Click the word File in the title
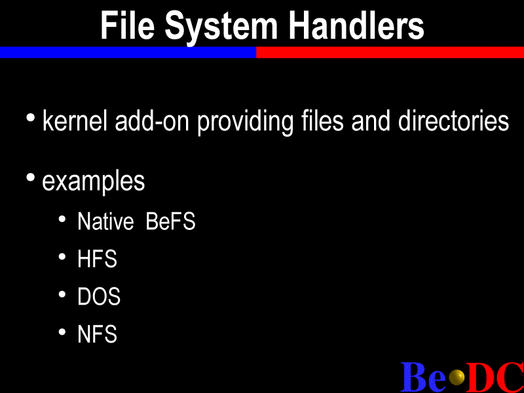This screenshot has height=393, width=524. tap(127, 26)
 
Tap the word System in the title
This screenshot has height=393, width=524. tap(221, 28)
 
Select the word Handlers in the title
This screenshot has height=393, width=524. tap(356, 25)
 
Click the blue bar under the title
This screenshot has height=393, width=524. tap(128, 52)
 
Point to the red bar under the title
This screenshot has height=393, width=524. tap(390, 52)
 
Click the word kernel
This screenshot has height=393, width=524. tap(75, 121)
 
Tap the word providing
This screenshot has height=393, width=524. tap(245, 122)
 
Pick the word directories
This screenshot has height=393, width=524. tap(453, 121)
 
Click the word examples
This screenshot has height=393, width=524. tap(94, 183)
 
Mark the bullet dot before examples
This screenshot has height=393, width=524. tap(30, 178)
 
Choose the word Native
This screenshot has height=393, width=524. tap(105, 221)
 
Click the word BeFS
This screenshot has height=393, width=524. tap(170, 221)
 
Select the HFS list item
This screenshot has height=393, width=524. tap(97, 259)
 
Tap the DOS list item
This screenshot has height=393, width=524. tap(99, 296)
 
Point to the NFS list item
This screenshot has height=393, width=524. tap(97, 333)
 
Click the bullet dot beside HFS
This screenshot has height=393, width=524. tap(62, 257)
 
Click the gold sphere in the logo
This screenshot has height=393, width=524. tap(457, 377)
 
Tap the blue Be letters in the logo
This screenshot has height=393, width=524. tap(423, 377)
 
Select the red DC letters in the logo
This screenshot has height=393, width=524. tap(495, 377)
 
